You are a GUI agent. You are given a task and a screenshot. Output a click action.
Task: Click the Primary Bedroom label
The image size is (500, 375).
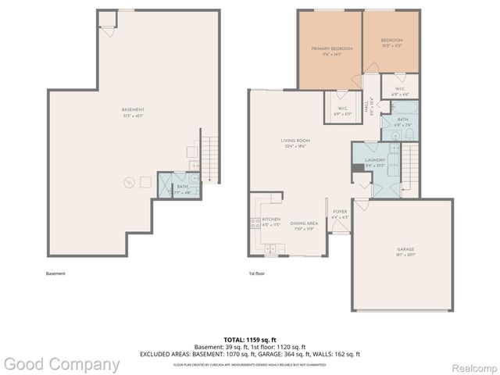coord(332,51)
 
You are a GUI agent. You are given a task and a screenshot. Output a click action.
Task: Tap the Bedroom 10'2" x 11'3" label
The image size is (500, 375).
coord(391,42)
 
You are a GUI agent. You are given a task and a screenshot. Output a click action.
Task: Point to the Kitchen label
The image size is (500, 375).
coord(271,222)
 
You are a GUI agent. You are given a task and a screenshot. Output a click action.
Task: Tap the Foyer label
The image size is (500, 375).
coord(340,213)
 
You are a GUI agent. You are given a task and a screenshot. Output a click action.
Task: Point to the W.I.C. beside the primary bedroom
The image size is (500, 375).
coord(343,111)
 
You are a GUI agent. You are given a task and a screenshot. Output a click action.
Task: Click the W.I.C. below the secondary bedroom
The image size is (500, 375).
coord(398,91)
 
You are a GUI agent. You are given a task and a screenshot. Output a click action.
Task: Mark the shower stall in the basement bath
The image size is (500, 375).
coord(165,185)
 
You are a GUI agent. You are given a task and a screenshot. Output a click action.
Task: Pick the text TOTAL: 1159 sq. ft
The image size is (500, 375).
coord(250,340)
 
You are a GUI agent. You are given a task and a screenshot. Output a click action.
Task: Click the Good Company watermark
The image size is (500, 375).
coord(61,364)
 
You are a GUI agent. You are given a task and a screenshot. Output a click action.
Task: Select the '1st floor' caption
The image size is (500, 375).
coord(256,273)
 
